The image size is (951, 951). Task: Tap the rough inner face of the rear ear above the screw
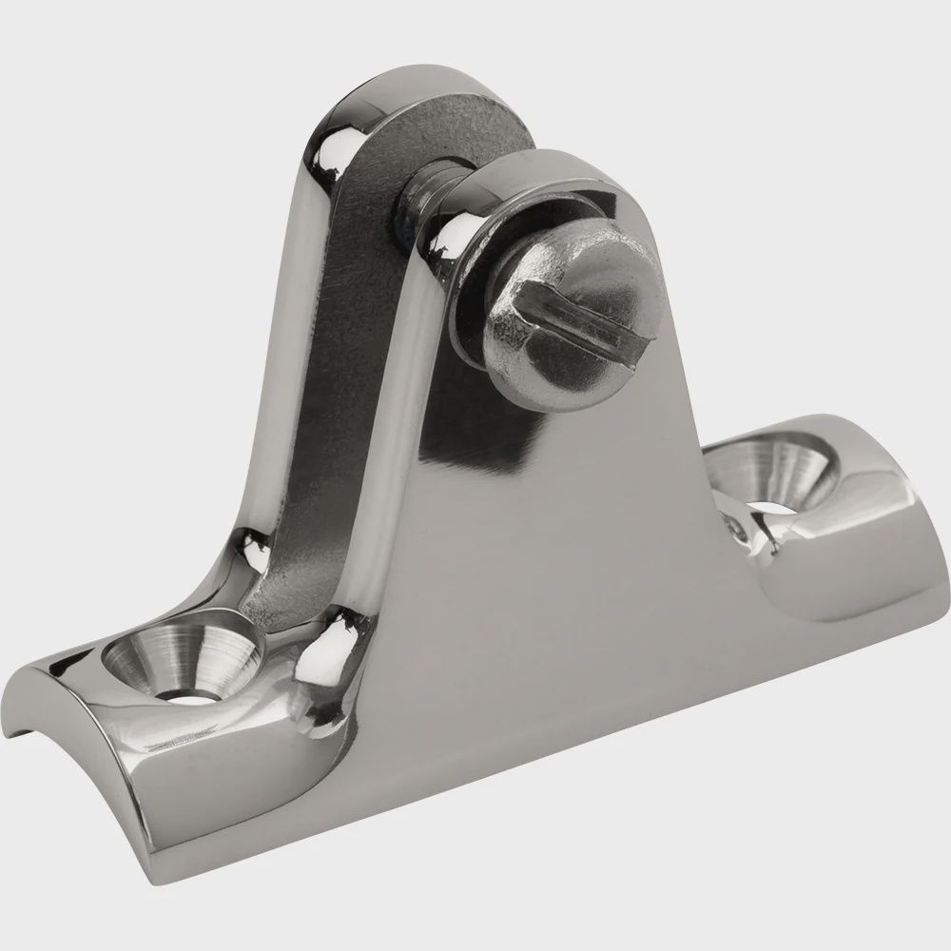pyautogui.click(x=456, y=124)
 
